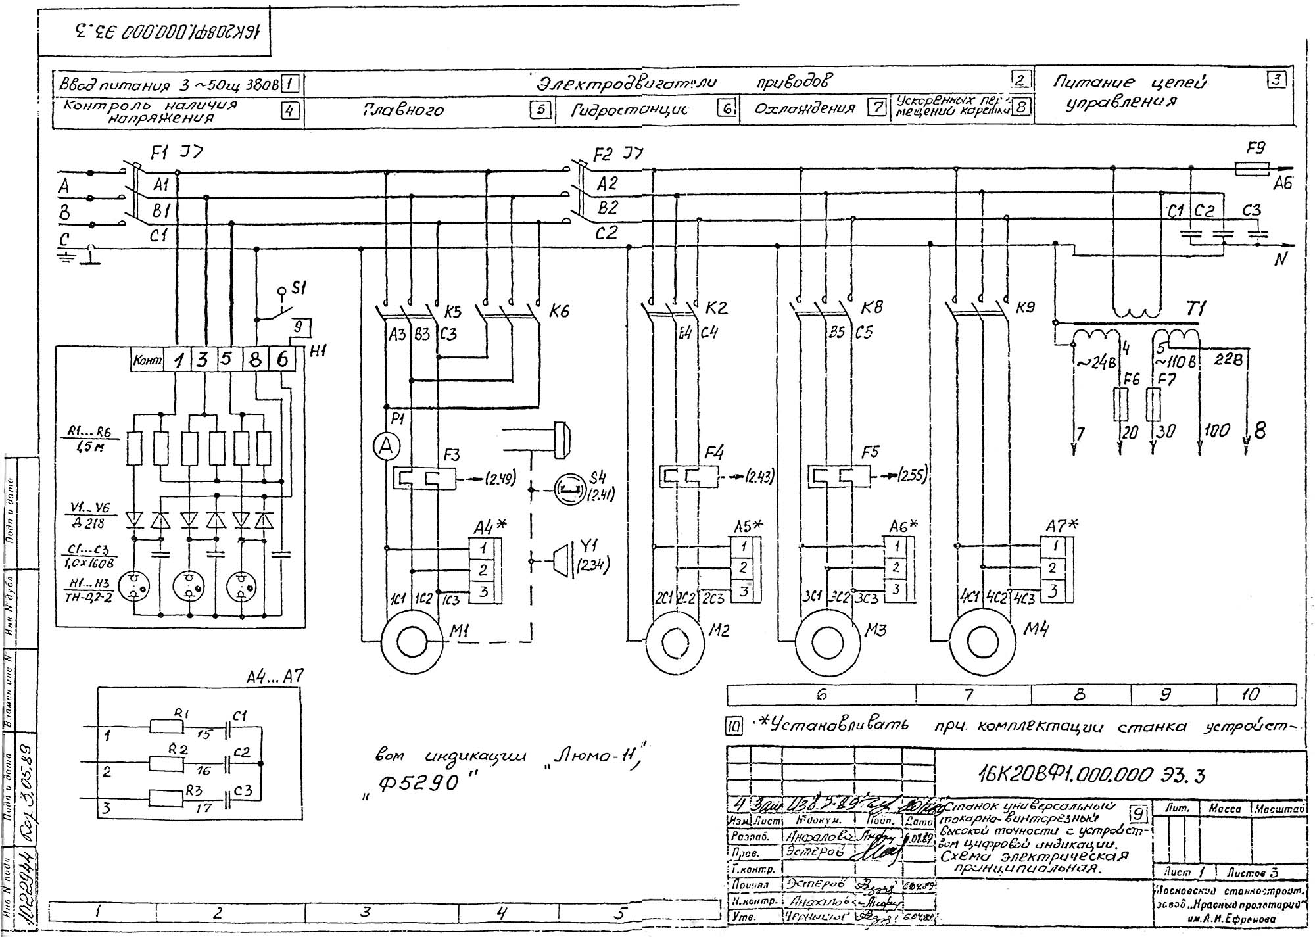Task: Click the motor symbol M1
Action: [x=412, y=641]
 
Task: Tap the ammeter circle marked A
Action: [x=387, y=447]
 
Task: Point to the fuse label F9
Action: [x=1256, y=149]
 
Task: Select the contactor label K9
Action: [x=1024, y=307]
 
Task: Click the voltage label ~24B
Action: [x=1093, y=362]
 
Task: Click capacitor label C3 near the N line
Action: [x=1251, y=210]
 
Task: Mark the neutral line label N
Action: [x=1279, y=260]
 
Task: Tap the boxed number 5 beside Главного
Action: [x=540, y=110]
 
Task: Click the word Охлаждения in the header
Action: [x=804, y=108]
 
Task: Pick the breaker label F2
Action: [x=602, y=155]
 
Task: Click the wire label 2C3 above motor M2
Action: [x=713, y=599]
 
